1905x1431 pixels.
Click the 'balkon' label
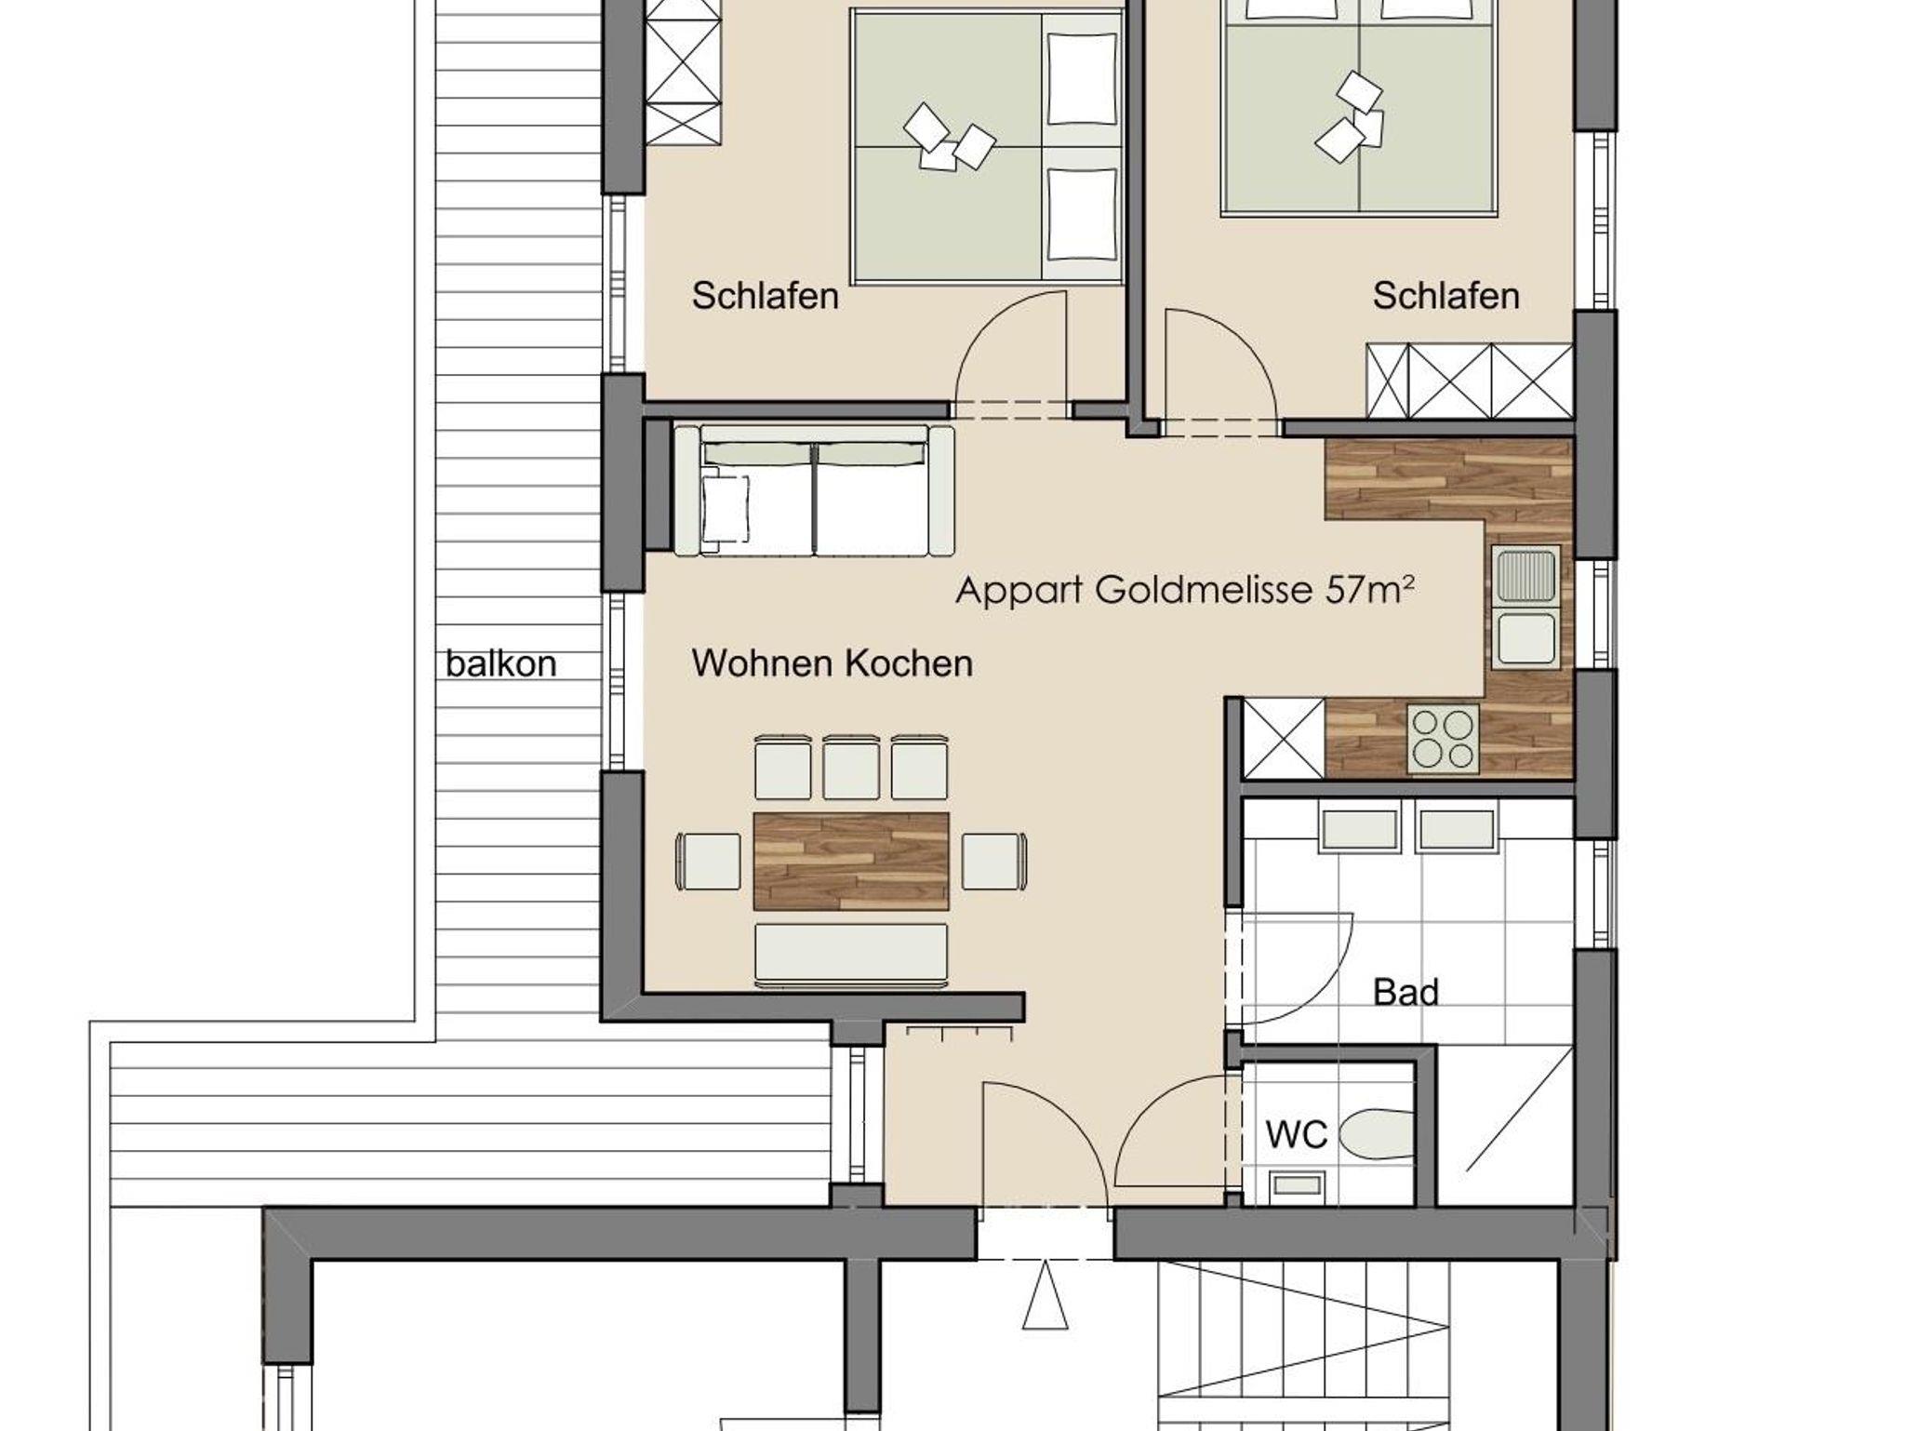[x=501, y=664]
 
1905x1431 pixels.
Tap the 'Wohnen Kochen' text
[x=833, y=663]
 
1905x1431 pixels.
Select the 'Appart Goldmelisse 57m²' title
[x=1186, y=590]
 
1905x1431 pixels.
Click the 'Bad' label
[x=1405, y=993]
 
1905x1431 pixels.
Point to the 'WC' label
[x=1297, y=1134]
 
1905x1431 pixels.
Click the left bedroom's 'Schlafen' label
[x=766, y=297]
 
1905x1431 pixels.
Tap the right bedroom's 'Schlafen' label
[x=1446, y=297]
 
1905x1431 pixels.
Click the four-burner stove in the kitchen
[x=1444, y=739]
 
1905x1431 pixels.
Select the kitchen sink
[x=1525, y=607]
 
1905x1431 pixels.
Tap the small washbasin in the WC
[x=1297, y=1184]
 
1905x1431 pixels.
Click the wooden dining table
[x=851, y=861]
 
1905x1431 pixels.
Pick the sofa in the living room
[x=814, y=490]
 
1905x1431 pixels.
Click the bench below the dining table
[x=851, y=955]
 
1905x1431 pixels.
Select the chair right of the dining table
[x=994, y=861]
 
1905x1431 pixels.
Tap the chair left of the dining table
[x=709, y=861]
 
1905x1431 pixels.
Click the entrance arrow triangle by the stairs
[x=1045, y=1295]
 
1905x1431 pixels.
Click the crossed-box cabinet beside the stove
[x=1284, y=738]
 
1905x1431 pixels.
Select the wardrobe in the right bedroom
[x=1470, y=381]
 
